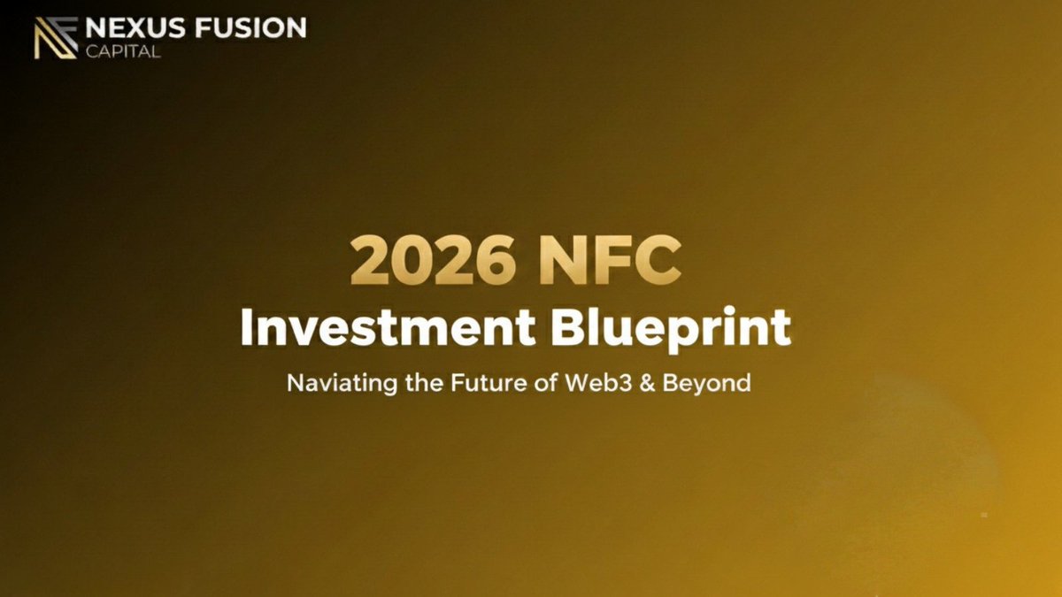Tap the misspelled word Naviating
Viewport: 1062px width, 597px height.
337,384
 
